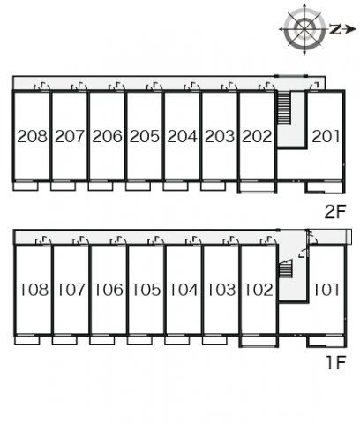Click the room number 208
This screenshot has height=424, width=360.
tap(32, 136)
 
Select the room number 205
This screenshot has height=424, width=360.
tap(145, 136)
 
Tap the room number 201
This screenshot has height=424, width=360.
tap(326, 136)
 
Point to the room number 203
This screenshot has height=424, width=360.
tap(220, 136)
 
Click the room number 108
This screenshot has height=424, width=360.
tap(34, 290)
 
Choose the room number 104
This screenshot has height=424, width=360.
tap(184, 290)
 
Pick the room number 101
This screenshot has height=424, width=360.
tap(326, 290)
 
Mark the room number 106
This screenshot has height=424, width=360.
tap(109, 290)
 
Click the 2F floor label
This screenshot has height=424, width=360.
tap(334, 211)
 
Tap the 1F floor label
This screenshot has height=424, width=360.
tap(335, 362)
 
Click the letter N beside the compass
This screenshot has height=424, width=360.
tap(334, 29)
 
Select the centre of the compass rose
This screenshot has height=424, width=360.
tap(304, 29)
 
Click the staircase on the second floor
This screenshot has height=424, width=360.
tap(284, 108)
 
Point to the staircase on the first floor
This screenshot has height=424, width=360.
tap(285, 269)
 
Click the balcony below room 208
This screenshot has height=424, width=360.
tap(26, 186)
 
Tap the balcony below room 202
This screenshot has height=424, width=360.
tap(258, 187)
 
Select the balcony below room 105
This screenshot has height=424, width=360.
tap(139, 340)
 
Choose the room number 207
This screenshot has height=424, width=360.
tap(70, 136)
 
